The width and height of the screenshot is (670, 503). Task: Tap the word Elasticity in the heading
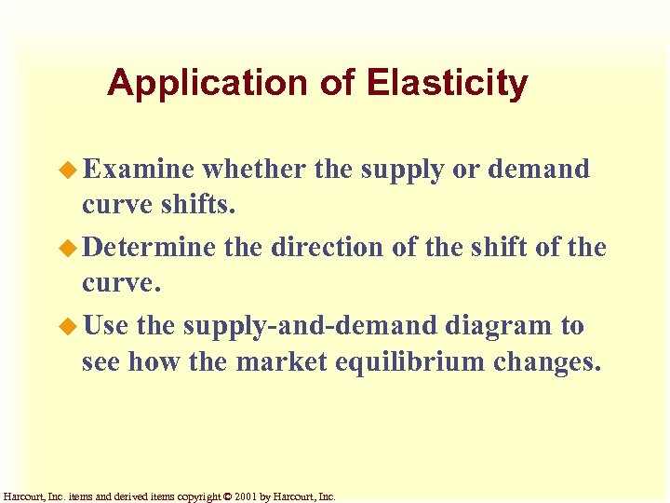448,85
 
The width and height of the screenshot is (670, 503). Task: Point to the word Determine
154,248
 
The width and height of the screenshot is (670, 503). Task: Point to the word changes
551,361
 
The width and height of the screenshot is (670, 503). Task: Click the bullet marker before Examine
73,170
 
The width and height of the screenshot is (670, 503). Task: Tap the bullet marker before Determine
73,248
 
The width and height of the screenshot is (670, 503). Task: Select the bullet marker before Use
73,326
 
